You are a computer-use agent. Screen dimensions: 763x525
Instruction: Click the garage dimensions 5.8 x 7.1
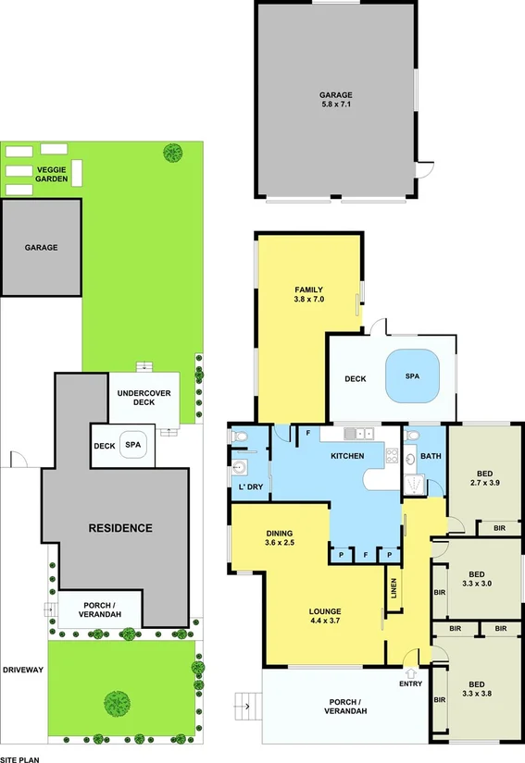tap(335, 105)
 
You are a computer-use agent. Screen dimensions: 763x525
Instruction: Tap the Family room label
tap(308, 294)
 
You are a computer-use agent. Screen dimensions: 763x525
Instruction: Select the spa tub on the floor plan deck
tap(412, 377)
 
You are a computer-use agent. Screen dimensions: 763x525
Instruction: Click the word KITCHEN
tap(347, 456)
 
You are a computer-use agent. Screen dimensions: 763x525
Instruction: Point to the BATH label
tap(431, 456)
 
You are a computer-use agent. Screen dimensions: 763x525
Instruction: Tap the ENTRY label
tap(410, 683)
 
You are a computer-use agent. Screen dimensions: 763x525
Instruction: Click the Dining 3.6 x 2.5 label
tap(279, 539)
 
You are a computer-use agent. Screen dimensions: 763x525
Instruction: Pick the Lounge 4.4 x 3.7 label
tap(325, 616)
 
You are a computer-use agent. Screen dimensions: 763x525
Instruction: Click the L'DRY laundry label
tap(248, 487)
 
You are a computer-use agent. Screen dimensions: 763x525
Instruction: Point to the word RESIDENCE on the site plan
tap(119, 528)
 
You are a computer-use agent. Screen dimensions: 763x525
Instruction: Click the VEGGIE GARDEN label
tap(53, 174)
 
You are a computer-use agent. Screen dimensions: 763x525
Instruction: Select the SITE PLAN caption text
tap(20, 757)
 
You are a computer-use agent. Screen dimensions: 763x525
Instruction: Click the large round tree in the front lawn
tap(117, 703)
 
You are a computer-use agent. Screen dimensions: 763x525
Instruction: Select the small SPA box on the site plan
tap(134, 445)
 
